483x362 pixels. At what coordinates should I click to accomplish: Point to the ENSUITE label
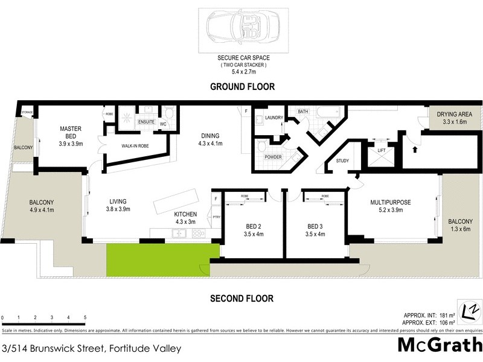click(x=147, y=122)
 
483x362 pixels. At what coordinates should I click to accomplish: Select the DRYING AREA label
click(x=450, y=114)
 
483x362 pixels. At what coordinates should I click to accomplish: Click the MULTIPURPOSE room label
click(x=391, y=203)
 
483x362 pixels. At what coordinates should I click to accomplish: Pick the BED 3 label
click(x=316, y=227)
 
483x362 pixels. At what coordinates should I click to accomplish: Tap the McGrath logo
click(x=439, y=346)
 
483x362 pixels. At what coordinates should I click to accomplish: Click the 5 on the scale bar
click(x=85, y=317)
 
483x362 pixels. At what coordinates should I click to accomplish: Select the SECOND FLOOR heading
click(x=241, y=298)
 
